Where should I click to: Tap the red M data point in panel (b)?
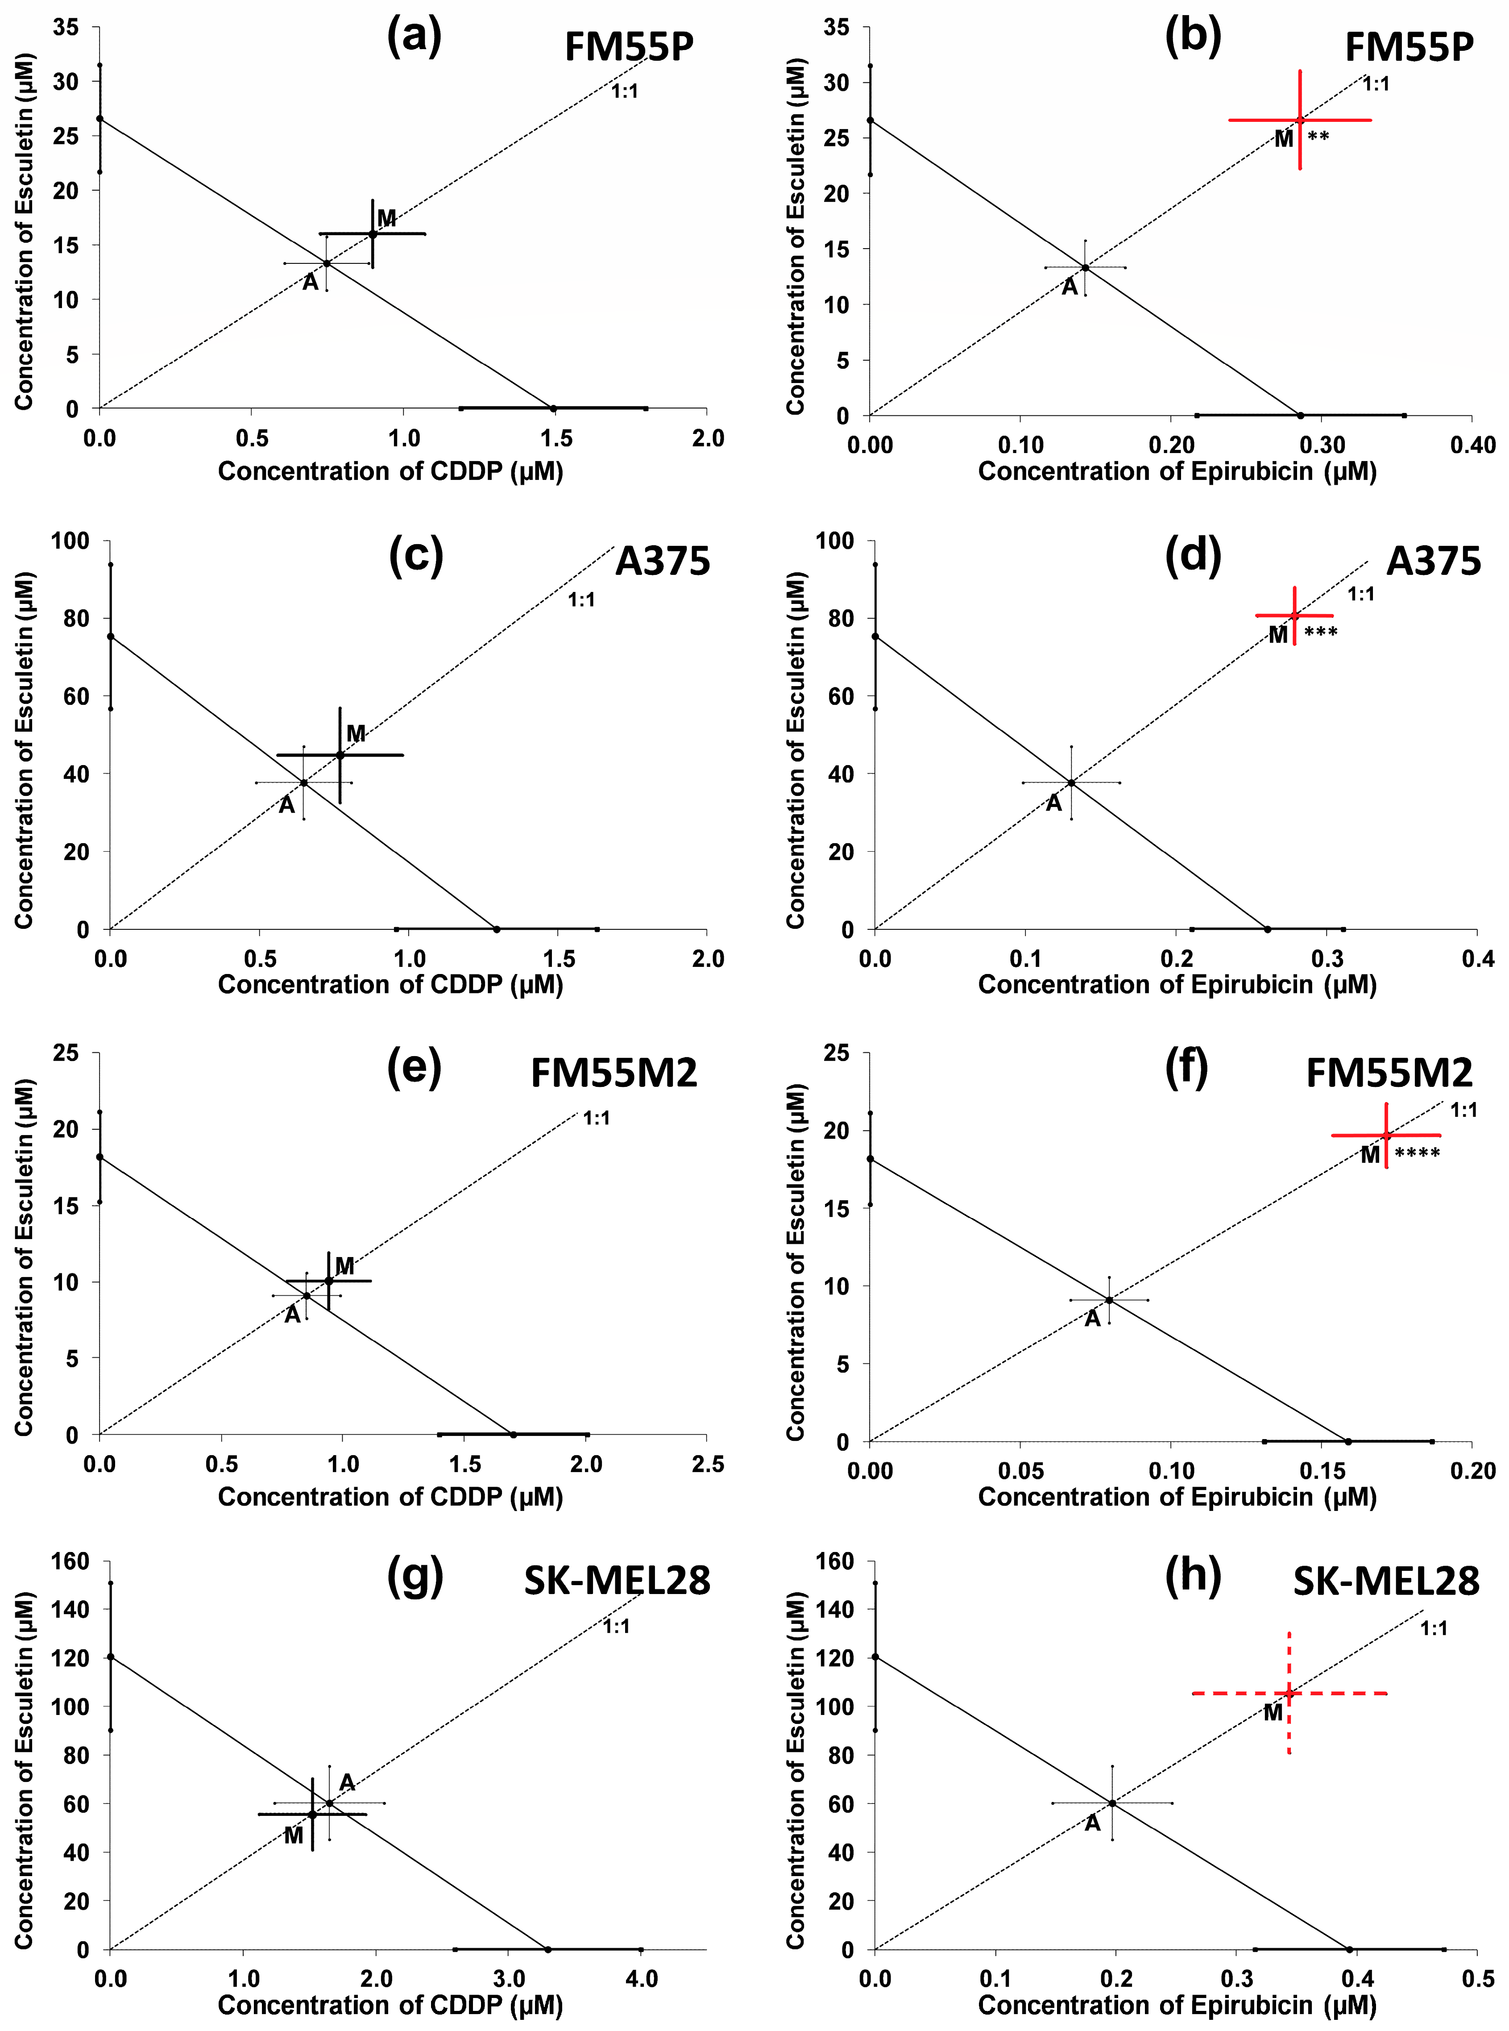coord(1300,120)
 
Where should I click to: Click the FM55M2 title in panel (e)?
coord(614,1073)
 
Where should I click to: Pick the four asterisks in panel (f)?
coord(1417,1154)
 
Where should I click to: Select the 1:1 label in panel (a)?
coord(625,92)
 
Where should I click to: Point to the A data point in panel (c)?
coord(304,782)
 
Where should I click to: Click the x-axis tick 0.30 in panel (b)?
coord(1322,445)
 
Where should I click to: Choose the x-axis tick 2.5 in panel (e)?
coord(708,1465)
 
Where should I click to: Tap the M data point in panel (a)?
coord(373,234)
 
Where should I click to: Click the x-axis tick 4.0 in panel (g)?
coord(641,1979)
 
